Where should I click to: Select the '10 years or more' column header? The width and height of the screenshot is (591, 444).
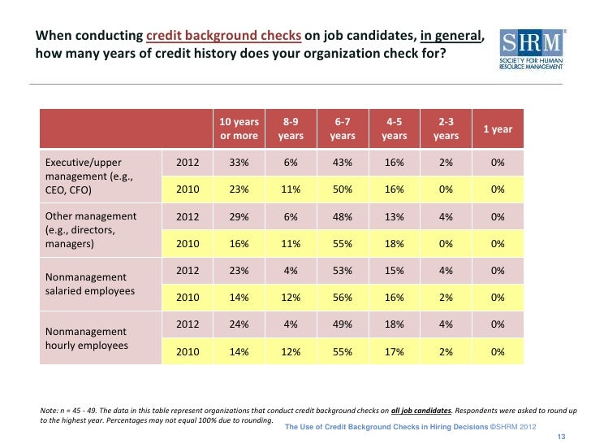point(239,129)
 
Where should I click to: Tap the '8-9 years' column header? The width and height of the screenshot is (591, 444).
point(291,129)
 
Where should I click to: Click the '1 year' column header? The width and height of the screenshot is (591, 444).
point(498,129)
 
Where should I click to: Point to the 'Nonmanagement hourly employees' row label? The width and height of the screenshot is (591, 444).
point(87,338)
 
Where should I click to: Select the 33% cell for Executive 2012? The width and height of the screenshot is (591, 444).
point(239,163)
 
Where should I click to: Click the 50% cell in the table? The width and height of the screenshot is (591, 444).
point(343,189)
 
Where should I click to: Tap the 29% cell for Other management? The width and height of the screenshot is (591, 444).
point(239,217)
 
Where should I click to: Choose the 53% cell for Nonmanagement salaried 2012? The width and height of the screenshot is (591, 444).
point(343,271)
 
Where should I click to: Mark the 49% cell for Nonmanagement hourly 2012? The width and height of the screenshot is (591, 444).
point(343,325)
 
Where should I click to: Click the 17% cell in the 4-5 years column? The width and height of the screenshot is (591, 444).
point(395,352)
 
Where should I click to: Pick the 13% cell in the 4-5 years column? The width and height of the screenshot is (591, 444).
point(395,217)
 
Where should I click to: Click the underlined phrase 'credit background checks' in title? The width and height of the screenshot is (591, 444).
point(224,37)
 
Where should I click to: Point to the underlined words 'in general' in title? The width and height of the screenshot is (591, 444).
point(451,37)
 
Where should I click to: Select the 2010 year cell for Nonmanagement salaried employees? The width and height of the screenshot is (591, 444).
point(188,298)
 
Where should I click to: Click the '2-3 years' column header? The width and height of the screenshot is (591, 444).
point(446,129)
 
